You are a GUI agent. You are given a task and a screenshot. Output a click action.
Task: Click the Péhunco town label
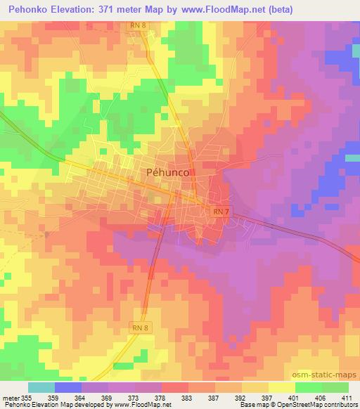tap(169, 172)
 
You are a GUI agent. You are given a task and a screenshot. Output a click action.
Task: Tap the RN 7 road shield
tap(219, 212)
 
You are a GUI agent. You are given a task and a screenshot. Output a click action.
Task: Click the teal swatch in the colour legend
tap(41, 387)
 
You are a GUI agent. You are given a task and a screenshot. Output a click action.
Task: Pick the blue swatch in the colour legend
tap(68, 387)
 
